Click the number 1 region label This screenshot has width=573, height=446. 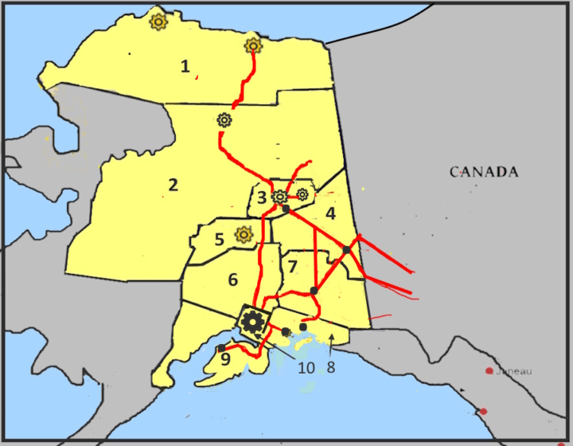coord(185,67)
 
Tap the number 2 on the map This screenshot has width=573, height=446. coord(173,186)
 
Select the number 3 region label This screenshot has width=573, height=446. coord(261,198)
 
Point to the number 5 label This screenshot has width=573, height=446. coord(219,239)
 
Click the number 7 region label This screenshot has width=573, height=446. coord(293,265)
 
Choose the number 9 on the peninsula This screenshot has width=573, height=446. coord(225,359)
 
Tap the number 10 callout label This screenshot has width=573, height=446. coord(306,367)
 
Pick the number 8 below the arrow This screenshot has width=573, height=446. coord(330,368)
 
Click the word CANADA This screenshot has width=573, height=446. coord(484,172)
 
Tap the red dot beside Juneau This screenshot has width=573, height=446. coord(489,371)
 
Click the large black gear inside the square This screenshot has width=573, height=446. coord(253,322)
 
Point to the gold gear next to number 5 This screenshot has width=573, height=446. coord(244,234)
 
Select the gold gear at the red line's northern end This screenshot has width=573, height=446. coord(253,45)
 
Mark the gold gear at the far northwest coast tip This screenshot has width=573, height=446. coord(158,22)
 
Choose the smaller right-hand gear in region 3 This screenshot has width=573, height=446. coord(302,194)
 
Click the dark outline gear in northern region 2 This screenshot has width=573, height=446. coord(224,120)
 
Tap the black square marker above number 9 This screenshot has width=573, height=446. coord(221,348)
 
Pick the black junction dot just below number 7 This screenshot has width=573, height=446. coord(314,291)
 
